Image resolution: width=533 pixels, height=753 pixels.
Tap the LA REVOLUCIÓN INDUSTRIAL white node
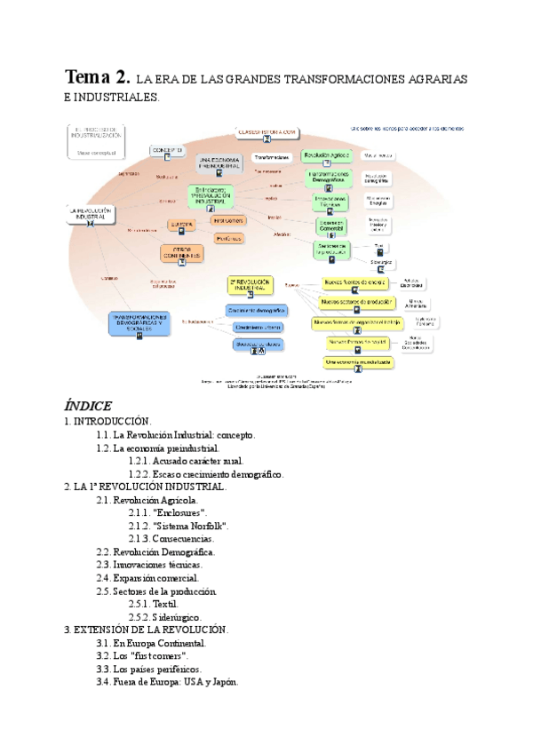(92, 214)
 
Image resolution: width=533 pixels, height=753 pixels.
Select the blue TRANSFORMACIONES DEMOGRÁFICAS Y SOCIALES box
(139, 322)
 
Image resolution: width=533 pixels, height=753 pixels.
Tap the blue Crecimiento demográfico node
(256, 311)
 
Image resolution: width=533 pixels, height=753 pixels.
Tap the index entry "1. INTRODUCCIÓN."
(108, 422)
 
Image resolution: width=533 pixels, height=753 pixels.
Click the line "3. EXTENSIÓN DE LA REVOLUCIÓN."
(147, 630)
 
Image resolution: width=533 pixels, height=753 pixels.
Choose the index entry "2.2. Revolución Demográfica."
(155, 551)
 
